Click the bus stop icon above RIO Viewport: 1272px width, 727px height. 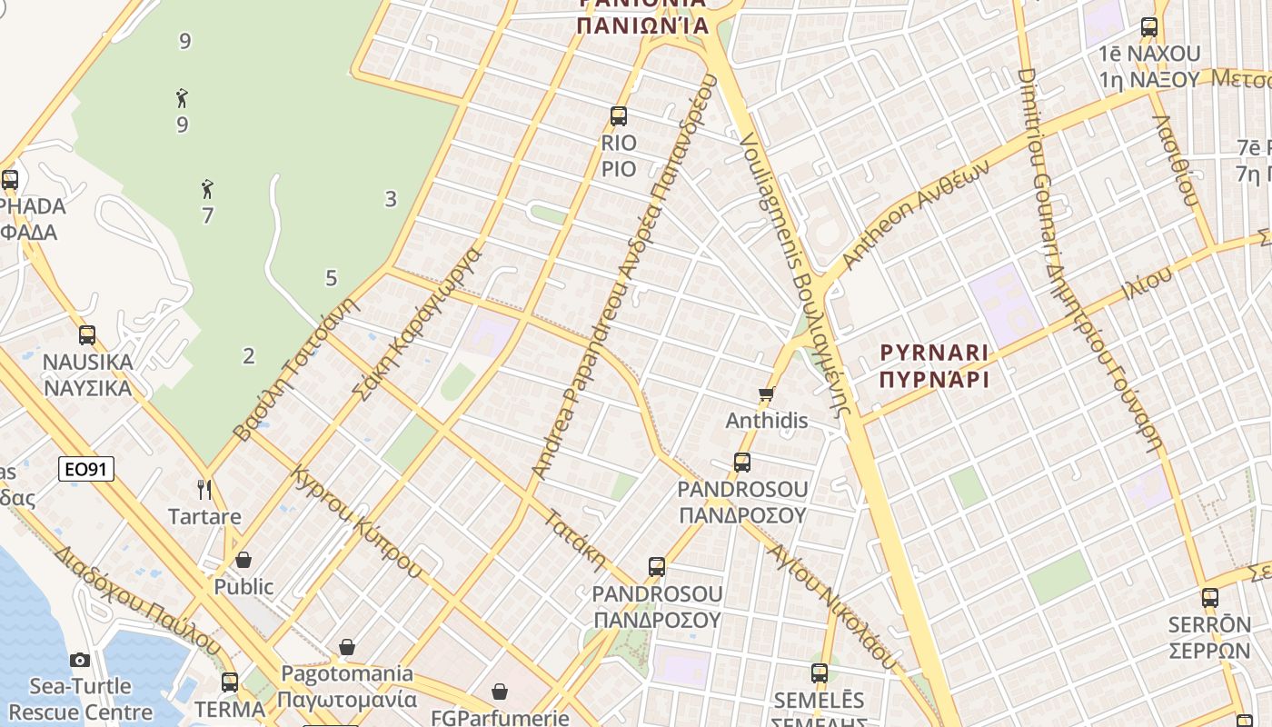point(619,115)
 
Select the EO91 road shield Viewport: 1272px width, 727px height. point(86,469)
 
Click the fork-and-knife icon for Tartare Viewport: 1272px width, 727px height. point(204,490)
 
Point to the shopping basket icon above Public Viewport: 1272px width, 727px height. point(243,560)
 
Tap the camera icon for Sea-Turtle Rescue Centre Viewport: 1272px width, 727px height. point(80,660)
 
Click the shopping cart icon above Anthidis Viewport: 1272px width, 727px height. point(766,394)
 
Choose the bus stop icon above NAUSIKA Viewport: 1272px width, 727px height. point(87,334)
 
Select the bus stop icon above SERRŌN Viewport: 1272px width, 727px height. point(1209,597)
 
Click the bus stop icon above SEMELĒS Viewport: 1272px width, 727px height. point(819,673)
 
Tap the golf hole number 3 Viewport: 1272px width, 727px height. point(391,199)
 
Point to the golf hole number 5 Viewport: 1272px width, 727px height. point(331,278)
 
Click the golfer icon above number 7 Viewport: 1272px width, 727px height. point(208,189)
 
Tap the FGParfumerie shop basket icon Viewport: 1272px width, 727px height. point(499,692)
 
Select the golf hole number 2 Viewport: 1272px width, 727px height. point(249,356)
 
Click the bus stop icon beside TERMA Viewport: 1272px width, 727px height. point(230,682)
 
